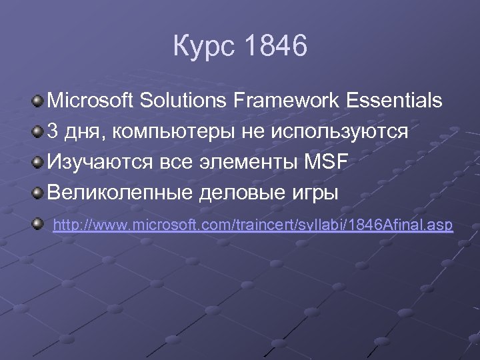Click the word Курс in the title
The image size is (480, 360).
point(203,47)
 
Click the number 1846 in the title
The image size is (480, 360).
point(276,47)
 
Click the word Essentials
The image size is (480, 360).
point(394,101)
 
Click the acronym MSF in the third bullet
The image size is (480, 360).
point(326,163)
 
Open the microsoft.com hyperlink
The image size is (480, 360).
point(253,225)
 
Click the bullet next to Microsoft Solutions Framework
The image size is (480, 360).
point(38,101)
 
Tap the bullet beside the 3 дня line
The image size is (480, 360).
point(38,131)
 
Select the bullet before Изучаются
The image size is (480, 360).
point(38,162)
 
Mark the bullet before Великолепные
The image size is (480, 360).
point(38,193)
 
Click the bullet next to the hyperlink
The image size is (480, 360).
point(38,224)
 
